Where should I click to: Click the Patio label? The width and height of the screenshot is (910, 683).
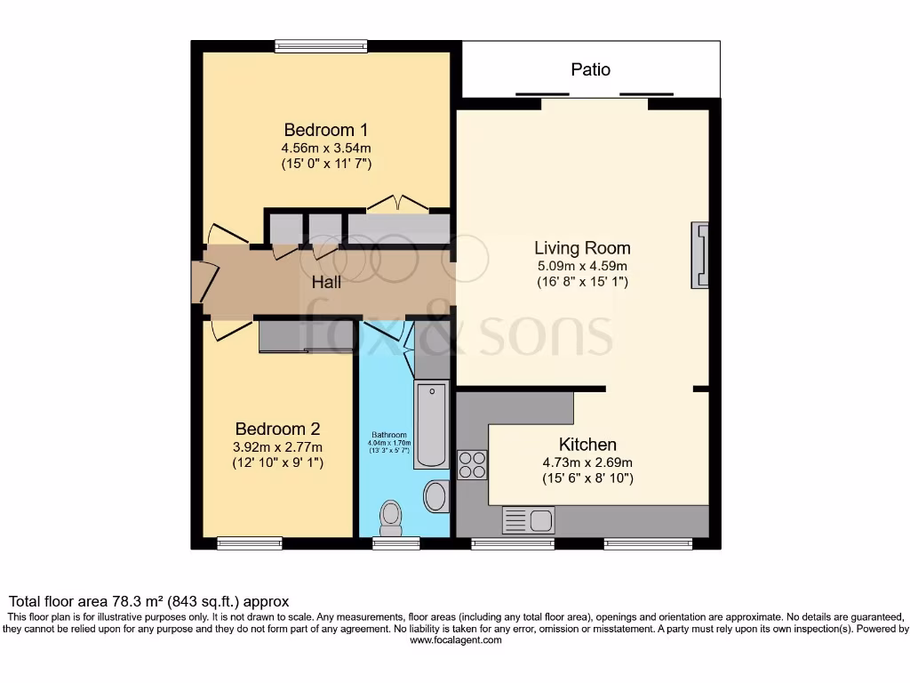tap(590, 69)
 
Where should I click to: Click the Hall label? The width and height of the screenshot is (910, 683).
tap(326, 283)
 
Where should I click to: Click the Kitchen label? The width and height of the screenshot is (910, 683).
tap(587, 445)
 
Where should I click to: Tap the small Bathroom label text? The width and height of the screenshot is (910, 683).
tap(388, 435)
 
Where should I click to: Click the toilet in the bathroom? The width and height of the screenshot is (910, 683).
tap(390, 516)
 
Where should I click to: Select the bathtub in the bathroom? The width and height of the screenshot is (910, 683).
tap(431, 425)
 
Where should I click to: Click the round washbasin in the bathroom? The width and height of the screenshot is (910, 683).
tap(435, 496)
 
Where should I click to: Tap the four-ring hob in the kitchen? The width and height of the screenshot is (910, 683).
tap(472, 465)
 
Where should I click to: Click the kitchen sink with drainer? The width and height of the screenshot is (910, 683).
tap(528, 519)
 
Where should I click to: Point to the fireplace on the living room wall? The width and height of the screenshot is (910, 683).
tap(700, 255)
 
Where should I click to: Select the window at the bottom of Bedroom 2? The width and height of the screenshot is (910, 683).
tap(250, 542)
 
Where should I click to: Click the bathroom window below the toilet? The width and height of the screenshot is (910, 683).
tap(395, 542)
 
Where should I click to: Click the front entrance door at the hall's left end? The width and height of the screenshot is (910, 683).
tap(197, 283)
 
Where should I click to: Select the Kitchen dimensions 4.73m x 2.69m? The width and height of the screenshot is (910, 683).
tap(587, 462)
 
